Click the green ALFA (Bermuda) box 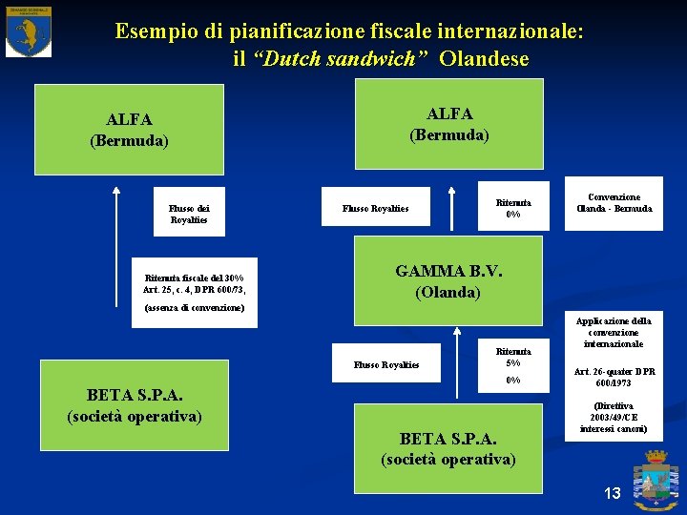pos(448,124)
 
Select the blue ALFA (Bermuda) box pos(129,130)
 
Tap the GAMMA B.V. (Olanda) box pos(448,281)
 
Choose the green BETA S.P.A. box pos(448,448)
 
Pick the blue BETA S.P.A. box pos(135,405)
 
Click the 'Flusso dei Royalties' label pos(190,213)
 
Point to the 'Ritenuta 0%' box pos(513,207)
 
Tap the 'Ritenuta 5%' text pos(513,356)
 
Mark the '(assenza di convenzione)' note pos(195,308)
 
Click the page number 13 pos(612,493)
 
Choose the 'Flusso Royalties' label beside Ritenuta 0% pos(376,208)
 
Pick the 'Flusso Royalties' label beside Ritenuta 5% pos(385,363)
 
